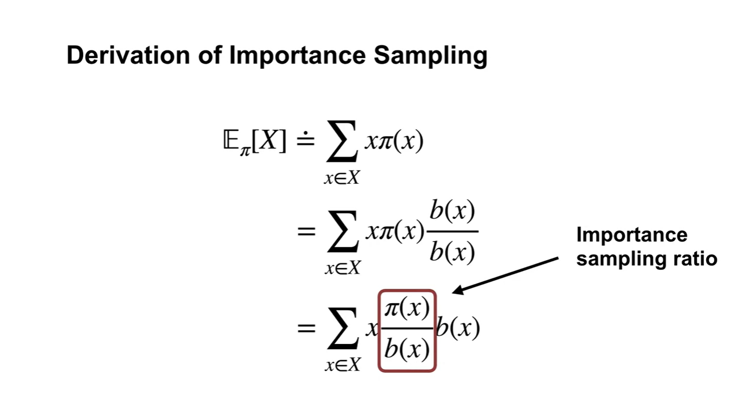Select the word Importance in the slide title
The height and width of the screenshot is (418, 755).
click(297, 56)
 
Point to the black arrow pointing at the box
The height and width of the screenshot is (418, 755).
click(505, 276)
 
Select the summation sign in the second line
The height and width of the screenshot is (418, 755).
click(342, 232)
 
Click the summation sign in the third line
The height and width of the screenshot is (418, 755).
click(343, 330)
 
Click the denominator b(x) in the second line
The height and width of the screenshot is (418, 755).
click(452, 251)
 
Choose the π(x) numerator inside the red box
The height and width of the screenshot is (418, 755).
click(407, 309)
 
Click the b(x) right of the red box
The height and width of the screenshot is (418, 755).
click(458, 328)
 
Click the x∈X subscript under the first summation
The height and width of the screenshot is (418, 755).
click(341, 178)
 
